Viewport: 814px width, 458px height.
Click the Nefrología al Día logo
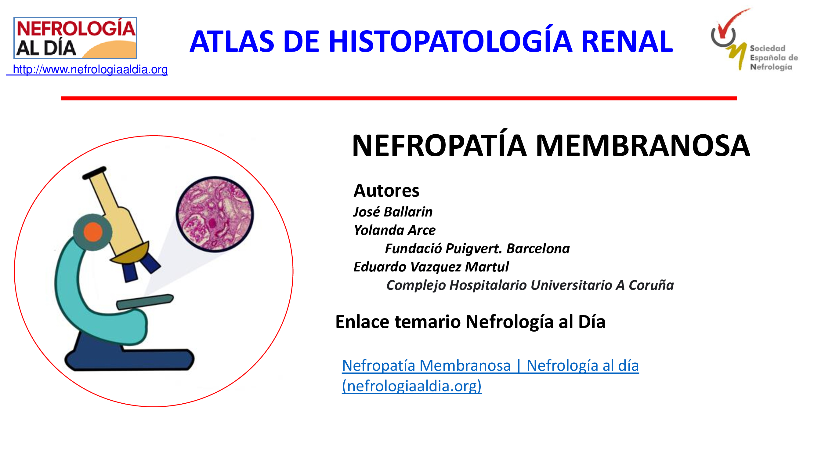tap(75, 38)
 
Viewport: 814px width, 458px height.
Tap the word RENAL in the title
tap(627, 42)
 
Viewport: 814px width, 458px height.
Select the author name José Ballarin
tap(393, 212)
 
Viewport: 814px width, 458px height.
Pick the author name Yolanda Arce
tap(394, 230)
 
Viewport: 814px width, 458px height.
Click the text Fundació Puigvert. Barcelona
tap(477, 249)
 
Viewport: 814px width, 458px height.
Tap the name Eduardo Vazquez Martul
tap(431, 267)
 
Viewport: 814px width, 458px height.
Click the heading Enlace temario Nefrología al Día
tap(470, 322)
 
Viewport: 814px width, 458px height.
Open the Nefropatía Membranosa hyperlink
tap(490, 376)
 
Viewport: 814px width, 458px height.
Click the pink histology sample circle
tap(215, 214)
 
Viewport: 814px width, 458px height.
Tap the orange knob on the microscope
tap(93, 232)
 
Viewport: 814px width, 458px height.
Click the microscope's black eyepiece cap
tap(94, 173)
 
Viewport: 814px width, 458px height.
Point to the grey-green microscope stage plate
tap(145, 302)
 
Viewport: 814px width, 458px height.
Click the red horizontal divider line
tap(399, 98)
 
